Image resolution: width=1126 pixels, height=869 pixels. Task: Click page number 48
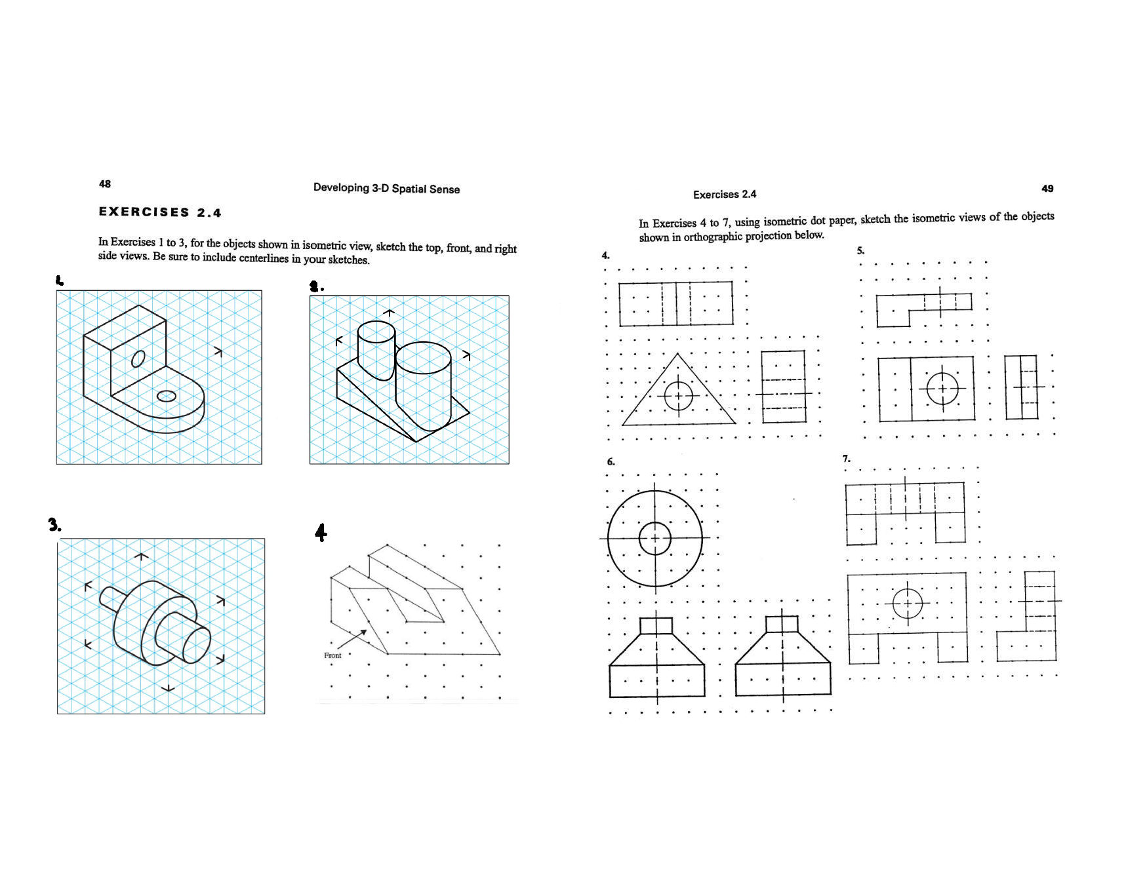(105, 184)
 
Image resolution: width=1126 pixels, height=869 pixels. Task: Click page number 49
(1047, 189)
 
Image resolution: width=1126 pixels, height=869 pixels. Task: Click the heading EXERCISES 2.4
(160, 212)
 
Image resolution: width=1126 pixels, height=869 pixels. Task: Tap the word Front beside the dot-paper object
(332, 655)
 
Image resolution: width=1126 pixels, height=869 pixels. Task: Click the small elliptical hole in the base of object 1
(167, 396)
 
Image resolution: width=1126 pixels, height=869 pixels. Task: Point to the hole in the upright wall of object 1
(138, 358)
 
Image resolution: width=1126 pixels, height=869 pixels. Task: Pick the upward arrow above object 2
(389, 313)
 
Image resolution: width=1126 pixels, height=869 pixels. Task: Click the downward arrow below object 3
(168, 687)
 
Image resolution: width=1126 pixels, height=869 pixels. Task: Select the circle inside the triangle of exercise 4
(678, 395)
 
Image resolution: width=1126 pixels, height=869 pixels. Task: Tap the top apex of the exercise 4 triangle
(677, 355)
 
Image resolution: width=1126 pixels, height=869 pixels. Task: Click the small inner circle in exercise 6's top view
(654, 539)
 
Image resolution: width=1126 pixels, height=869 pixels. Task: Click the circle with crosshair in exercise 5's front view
(942, 389)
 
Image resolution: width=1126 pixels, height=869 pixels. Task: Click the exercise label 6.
(611, 462)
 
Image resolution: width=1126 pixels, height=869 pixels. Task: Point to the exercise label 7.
(846, 459)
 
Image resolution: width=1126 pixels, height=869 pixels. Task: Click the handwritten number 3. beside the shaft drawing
(54, 525)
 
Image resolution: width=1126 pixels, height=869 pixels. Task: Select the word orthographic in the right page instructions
(712, 237)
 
